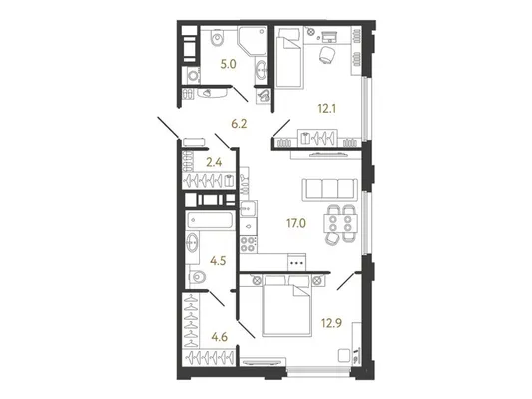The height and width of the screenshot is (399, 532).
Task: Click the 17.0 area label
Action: [296, 223]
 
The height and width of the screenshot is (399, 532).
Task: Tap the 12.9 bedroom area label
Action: [331, 323]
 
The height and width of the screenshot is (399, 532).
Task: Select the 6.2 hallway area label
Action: [239, 124]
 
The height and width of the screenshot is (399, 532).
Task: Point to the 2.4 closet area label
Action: [214, 162]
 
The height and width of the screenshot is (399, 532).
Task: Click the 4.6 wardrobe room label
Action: [219, 337]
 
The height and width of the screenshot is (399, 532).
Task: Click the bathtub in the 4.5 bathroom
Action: [210, 220]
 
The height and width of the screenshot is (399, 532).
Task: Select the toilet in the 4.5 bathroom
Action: [197, 278]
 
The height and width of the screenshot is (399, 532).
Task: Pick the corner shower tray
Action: [253, 41]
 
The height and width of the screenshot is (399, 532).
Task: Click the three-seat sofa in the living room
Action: [330, 189]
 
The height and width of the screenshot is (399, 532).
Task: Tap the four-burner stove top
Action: [248, 244]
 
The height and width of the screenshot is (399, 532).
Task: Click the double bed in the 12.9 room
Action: [286, 306]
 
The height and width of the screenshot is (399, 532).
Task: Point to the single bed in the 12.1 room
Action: [288, 58]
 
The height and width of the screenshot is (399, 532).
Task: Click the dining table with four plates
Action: [340, 223]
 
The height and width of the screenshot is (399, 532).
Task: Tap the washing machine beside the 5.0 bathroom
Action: [193, 75]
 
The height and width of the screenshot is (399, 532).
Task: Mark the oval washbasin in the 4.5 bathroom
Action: [192, 243]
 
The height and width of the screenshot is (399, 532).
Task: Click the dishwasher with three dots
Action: [296, 262]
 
